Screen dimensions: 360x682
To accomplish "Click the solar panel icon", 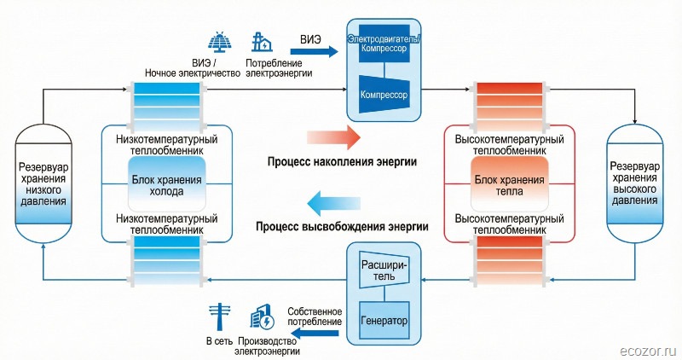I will coord(220,42).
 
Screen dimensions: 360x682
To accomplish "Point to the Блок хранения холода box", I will coord(167,185).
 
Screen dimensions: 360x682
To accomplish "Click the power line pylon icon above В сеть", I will coord(217,318).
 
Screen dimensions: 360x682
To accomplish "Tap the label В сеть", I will coord(218,341).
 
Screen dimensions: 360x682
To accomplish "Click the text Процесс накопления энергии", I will coord(342,161).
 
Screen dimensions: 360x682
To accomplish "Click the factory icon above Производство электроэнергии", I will coord(261,318).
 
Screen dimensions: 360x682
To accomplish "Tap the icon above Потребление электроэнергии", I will coord(262,43).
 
